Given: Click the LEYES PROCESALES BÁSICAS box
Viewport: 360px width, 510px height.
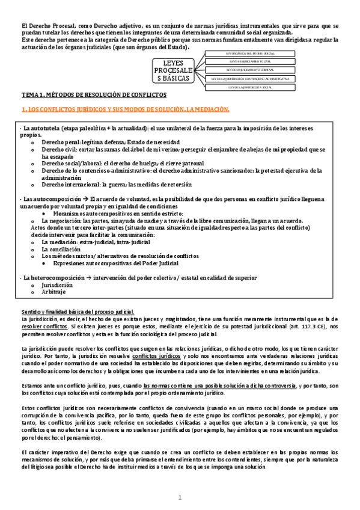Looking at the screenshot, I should [x=172, y=70].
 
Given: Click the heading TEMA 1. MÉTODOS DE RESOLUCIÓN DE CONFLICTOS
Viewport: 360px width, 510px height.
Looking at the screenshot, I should [x=94, y=96].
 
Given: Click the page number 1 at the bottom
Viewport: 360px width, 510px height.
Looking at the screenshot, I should [x=180, y=497].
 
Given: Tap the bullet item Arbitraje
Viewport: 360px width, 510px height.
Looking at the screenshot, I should [x=52, y=292].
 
